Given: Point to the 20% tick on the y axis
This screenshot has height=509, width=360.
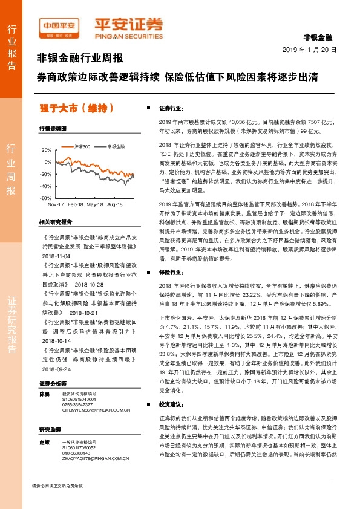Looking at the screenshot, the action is click(x=47, y=149).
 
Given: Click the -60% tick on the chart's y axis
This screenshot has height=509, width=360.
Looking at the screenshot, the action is click(x=45, y=198).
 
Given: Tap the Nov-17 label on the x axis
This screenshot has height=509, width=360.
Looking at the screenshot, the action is click(x=56, y=206).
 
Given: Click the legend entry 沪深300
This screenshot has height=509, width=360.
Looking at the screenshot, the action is click(x=82, y=147).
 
